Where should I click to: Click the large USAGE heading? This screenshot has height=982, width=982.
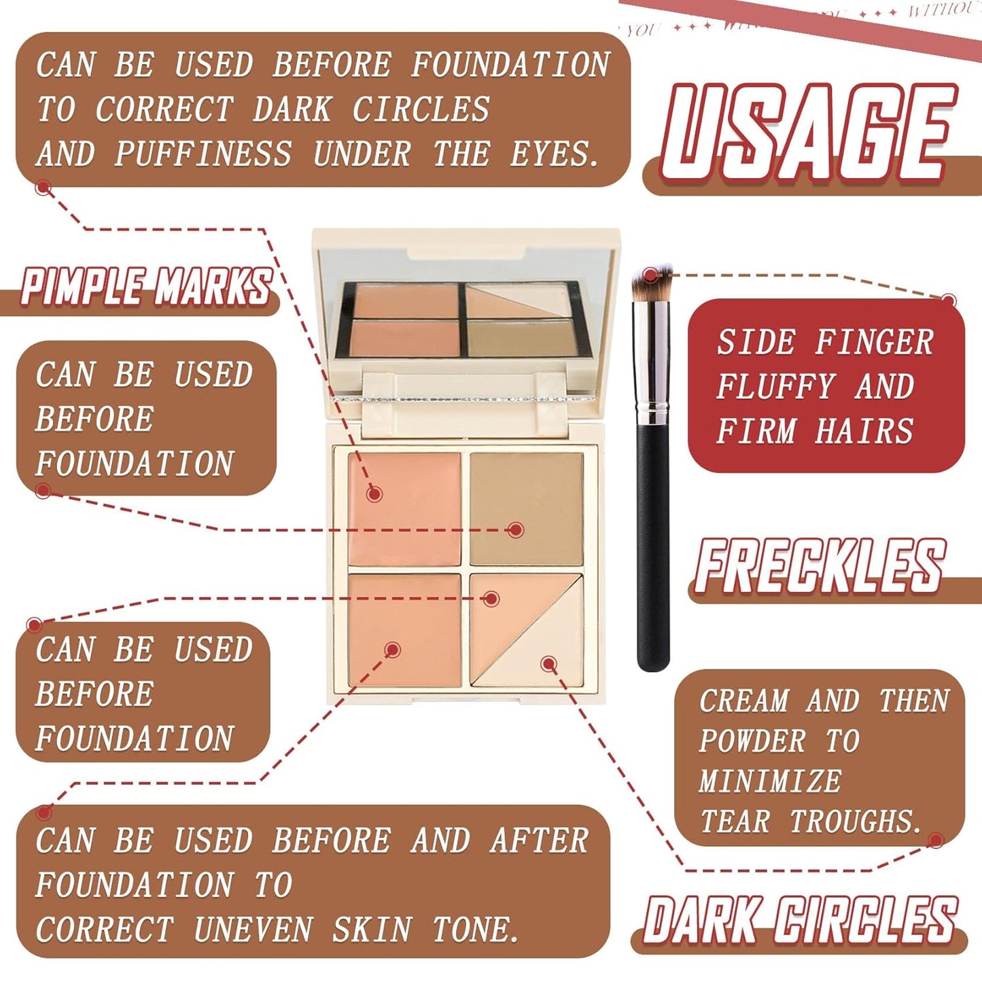[x=807, y=133]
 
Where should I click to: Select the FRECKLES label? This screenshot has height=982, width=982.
[x=820, y=565]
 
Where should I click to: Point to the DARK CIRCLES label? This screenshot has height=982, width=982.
[x=800, y=920]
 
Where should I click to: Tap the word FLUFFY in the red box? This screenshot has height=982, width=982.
[x=775, y=387]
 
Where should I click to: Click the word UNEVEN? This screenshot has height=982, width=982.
[x=253, y=930]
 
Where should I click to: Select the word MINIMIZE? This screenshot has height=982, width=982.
[x=769, y=781]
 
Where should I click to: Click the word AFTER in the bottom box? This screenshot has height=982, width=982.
[x=539, y=840]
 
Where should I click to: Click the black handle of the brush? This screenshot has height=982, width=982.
[x=653, y=544]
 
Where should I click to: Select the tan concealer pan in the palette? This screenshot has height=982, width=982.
[x=526, y=508]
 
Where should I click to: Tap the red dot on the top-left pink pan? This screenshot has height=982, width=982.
[x=374, y=493]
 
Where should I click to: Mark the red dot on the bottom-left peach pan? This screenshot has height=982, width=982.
[x=392, y=650]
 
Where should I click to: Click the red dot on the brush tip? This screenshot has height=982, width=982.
[x=650, y=275]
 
